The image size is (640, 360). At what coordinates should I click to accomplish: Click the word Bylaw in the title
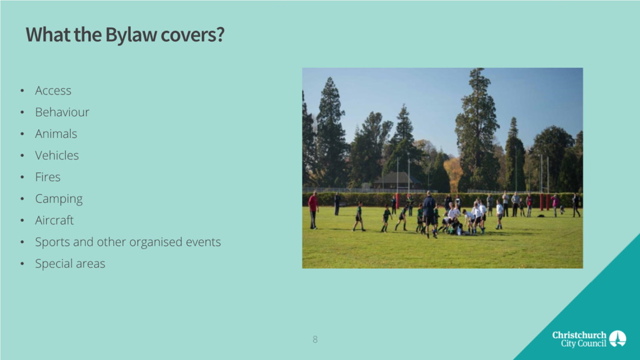tap(132, 35)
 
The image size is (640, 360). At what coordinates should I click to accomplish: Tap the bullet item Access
tap(53, 91)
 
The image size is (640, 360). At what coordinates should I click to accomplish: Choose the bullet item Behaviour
tap(62, 112)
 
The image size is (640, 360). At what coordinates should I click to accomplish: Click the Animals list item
tap(56, 134)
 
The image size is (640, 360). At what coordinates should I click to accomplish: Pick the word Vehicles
tap(57, 156)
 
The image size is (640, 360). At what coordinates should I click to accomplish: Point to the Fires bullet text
tap(48, 177)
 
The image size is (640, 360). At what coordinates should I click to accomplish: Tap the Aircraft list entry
tap(54, 220)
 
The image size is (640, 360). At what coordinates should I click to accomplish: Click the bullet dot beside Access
tap(22, 91)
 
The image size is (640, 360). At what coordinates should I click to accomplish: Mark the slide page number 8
tap(315, 340)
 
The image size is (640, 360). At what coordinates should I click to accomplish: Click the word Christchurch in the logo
tap(579, 335)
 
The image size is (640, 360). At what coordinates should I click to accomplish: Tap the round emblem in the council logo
tap(618, 339)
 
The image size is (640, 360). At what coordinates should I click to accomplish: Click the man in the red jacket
tap(314, 210)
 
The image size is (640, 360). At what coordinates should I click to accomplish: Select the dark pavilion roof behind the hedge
tap(397, 177)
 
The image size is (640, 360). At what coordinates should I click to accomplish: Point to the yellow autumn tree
tap(453, 174)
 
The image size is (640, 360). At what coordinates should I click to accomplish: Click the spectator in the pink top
tap(555, 205)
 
